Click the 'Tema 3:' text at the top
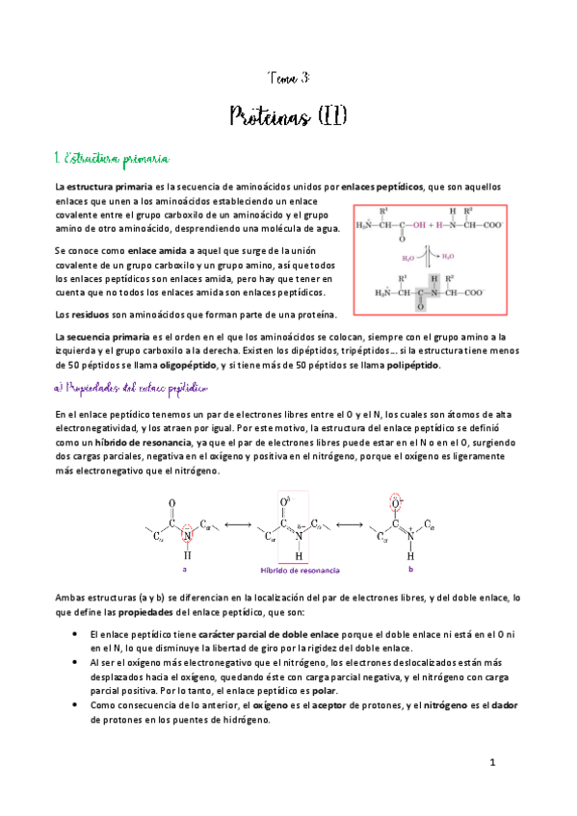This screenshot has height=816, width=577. [x=288, y=77]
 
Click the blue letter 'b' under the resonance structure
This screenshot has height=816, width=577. [x=410, y=569]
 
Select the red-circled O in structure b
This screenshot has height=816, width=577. [x=394, y=501]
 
